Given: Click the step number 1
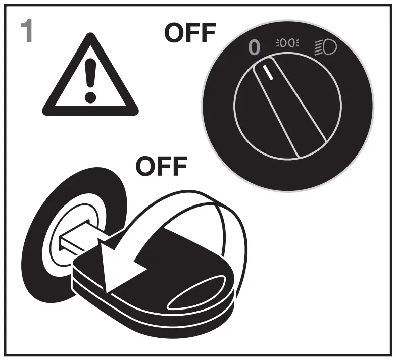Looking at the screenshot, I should point(27,31).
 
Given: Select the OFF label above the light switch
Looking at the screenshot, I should point(190,34).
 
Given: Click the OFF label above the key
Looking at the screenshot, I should point(162,167).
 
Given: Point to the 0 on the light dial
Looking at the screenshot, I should point(255,47).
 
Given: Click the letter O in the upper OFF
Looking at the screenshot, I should point(174,34).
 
